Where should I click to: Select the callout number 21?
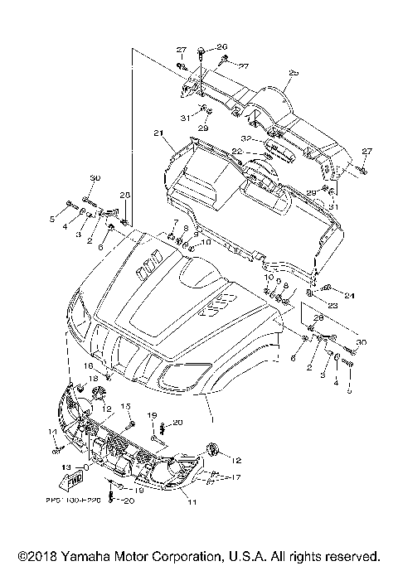coord(158,133)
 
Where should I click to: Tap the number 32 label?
coord(246,138)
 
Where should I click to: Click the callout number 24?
coord(349,296)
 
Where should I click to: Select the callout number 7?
coord(175,224)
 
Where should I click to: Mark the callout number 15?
coord(127,405)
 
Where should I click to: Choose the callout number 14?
coord(51,433)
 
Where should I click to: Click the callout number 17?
coord(213,477)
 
